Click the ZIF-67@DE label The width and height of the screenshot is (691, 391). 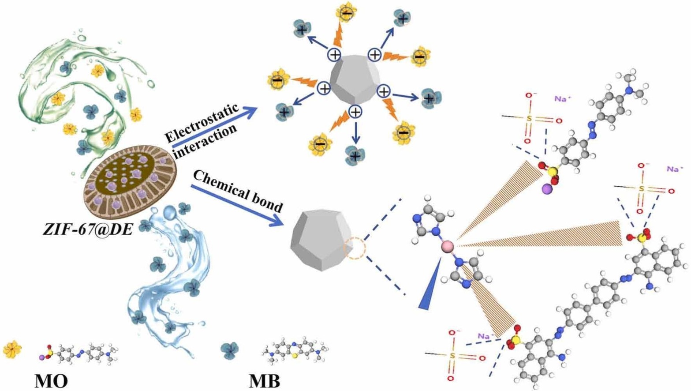click(88, 228)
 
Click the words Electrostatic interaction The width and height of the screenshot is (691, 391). click(202, 124)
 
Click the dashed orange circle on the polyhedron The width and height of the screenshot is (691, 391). click(355, 248)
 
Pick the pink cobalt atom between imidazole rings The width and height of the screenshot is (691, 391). click(447, 245)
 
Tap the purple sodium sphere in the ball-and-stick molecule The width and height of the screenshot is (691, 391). click(547, 190)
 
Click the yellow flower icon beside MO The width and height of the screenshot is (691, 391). click(12, 350)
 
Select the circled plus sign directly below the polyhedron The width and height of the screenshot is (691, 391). click(355, 112)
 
